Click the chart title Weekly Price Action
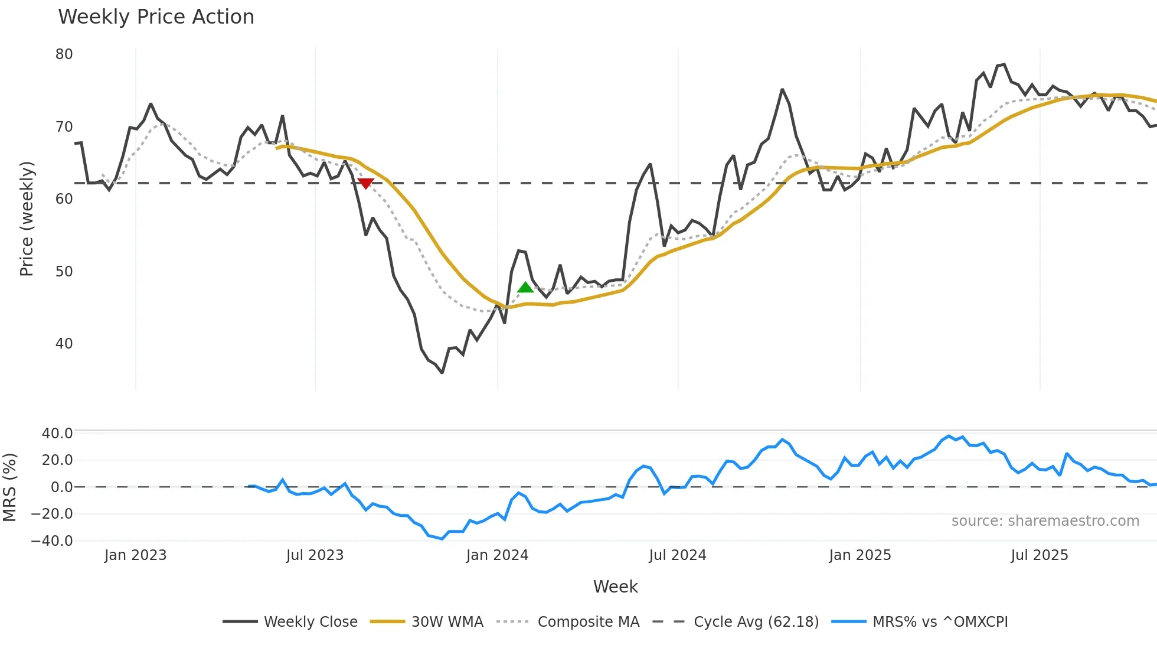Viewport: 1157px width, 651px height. click(156, 17)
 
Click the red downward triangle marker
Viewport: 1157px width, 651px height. click(366, 184)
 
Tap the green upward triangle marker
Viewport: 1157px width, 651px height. click(525, 288)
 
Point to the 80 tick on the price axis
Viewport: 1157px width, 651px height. click(64, 54)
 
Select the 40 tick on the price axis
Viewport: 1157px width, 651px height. click(64, 344)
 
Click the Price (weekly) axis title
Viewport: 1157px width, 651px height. click(27, 219)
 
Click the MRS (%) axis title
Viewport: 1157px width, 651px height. click(9, 487)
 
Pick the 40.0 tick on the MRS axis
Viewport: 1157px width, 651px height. click(57, 434)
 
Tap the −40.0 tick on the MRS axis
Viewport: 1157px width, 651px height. click(52, 541)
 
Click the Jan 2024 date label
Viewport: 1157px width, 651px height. click(497, 555)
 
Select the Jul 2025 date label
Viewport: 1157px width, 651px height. click(1040, 555)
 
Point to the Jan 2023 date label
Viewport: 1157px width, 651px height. click(135, 555)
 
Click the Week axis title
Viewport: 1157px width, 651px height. click(615, 587)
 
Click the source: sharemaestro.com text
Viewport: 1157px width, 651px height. click(1045, 521)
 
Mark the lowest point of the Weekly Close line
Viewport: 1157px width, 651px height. click(442, 373)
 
